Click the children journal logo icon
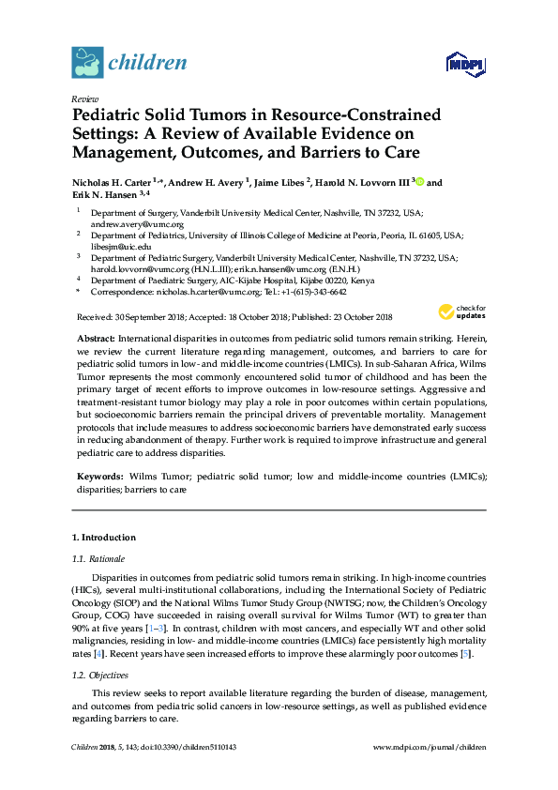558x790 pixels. [87, 62]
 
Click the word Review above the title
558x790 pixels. [85, 99]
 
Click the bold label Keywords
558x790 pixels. [99, 477]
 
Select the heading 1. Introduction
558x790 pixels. [103, 538]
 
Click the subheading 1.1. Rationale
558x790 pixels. [98, 558]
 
